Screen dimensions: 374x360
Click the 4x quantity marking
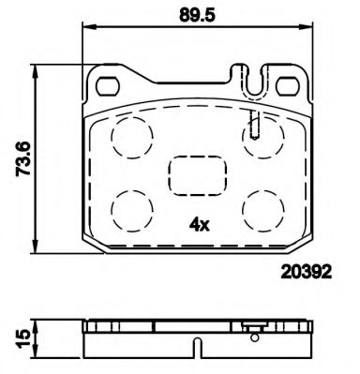point(198,225)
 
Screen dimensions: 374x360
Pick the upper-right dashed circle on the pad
point(260,138)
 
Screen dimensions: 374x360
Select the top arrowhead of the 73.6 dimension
point(37,68)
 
